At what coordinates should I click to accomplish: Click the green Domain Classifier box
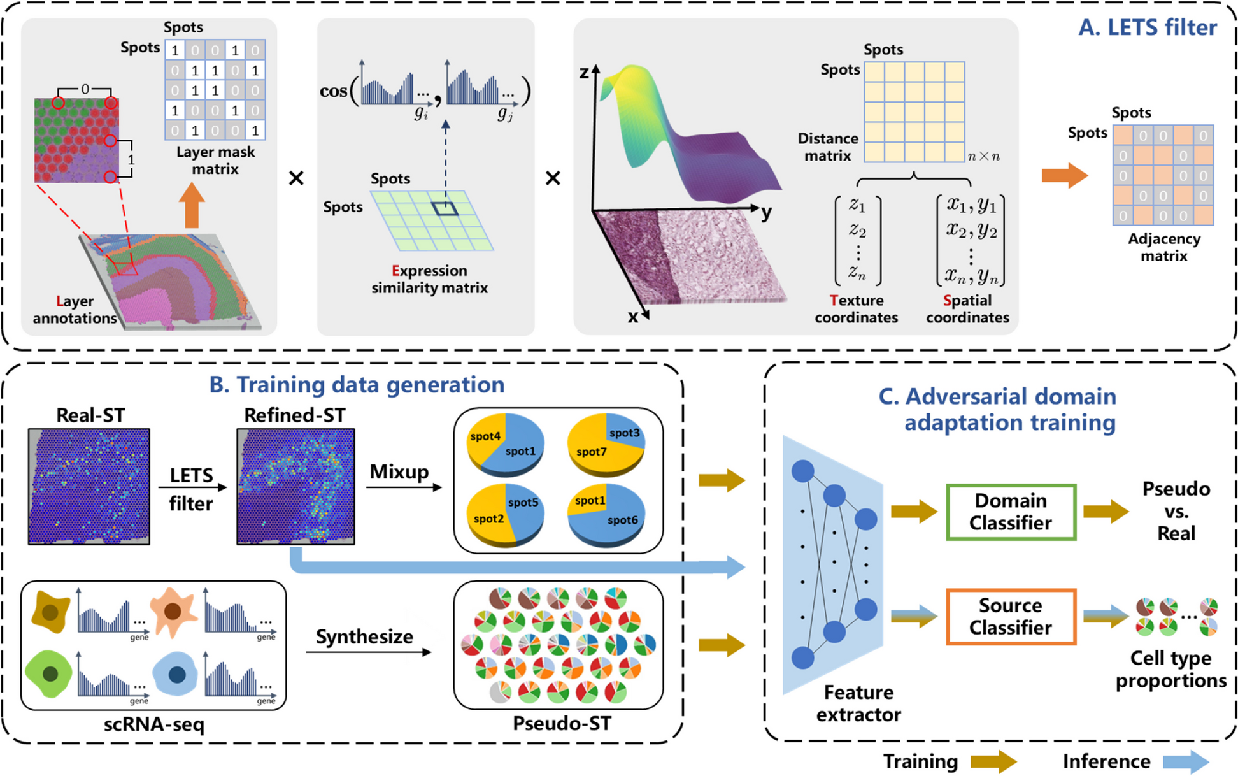click(1011, 512)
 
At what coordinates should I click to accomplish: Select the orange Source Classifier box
click(1011, 616)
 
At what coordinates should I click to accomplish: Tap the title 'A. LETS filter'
click(1147, 27)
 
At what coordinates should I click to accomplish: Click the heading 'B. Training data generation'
click(357, 385)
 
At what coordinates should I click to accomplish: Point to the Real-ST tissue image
click(89, 486)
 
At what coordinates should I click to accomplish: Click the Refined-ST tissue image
click(295, 486)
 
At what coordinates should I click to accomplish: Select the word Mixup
click(399, 471)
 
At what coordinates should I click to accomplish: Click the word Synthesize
click(364, 636)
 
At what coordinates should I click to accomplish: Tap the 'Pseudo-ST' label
click(562, 723)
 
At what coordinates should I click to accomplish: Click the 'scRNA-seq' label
click(154, 724)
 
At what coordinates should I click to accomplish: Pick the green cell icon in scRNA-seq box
click(49, 673)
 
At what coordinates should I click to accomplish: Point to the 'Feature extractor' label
click(858, 703)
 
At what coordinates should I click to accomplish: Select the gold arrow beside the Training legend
click(993, 761)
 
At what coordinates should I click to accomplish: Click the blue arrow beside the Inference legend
click(1185, 761)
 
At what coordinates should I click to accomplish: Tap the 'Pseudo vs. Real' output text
click(1176, 511)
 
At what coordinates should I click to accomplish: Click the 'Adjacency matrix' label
click(1163, 247)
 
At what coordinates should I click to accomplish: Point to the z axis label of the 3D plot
click(584, 73)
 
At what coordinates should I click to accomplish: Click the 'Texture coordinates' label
click(856, 308)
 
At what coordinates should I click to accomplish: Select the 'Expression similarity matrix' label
click(429, 279)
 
